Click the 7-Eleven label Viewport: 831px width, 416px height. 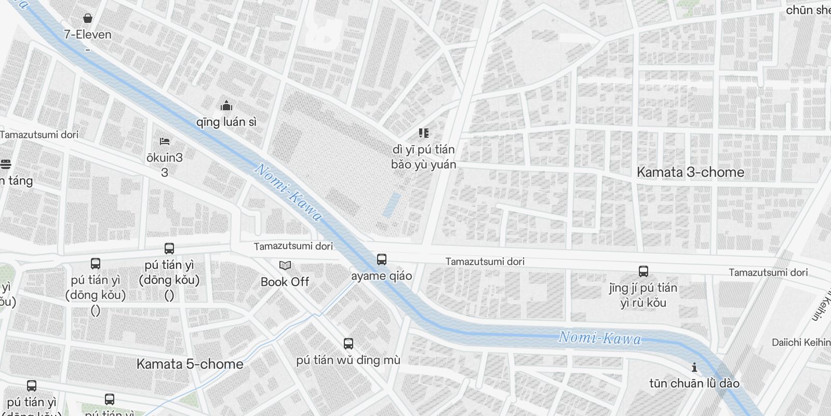point(88,35)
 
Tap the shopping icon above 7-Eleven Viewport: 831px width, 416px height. point(88,19)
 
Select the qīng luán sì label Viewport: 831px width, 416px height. point(226,122)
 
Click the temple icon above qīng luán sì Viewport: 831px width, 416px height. point(226,106)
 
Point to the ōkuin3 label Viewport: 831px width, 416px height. point(165,158)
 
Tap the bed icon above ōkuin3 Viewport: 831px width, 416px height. point(165,141)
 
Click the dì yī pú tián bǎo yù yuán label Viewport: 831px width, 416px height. point(424,157)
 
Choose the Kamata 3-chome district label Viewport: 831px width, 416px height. point(690,172)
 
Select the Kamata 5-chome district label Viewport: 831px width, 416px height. point(190,364)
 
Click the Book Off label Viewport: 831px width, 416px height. point(285,282)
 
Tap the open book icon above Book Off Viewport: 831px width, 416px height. point(285,266)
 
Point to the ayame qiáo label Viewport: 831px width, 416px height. point(382,276)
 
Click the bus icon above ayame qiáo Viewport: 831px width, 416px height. point(382,259)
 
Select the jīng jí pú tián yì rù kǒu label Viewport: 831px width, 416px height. point(643,295)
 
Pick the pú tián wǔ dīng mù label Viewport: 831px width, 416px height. point(349,360)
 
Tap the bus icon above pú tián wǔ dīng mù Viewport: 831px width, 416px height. point(349,344)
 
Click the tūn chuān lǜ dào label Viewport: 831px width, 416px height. point(694,384)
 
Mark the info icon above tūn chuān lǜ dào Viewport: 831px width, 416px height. point(694,368)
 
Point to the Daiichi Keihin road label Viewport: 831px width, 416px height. point(801,342)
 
